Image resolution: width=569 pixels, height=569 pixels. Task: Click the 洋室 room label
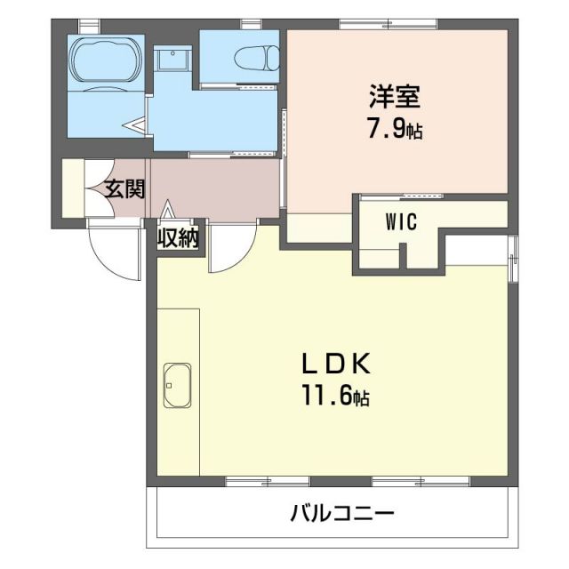tap(397, 95)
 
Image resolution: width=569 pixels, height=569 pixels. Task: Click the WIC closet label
tap(401, 223)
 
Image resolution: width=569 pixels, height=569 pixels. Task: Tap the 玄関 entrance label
tap(124, 189)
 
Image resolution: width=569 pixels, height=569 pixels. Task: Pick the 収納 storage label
tap(178, 239)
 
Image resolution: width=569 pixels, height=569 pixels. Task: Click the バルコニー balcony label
tap(341, 514)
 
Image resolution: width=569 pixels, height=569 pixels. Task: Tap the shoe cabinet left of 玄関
tap(72, 188)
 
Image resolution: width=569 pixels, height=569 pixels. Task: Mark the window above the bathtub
tap(89, 24)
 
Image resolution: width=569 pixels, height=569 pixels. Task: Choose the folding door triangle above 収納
tap(169, 210)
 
